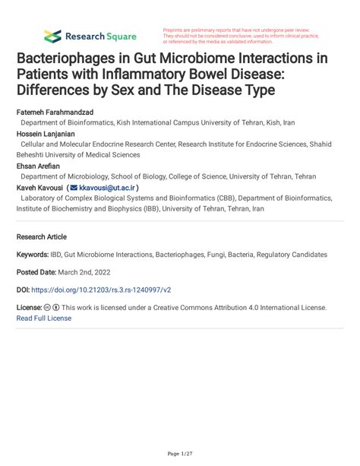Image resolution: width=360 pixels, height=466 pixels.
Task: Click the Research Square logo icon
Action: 52,36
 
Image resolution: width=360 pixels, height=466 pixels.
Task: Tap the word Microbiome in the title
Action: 214,59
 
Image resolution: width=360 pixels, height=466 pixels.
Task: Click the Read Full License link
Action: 44,318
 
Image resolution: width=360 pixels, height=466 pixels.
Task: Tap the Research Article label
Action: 45,236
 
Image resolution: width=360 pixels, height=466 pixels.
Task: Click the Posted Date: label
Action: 39,272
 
